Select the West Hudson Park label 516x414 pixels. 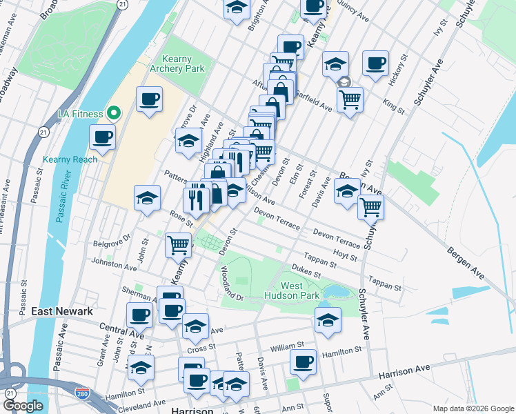click(x=300, y=290)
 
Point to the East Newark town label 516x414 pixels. click(x=62, y=312)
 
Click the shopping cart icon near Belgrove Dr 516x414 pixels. click(x=179, y=243)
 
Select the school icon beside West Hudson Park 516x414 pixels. click(x=328, y=319)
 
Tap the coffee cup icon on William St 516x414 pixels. click(x=302, y=361)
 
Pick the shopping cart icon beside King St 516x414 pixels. click(x=350, y=99)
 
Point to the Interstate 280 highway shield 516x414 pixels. click(x=81, y=393)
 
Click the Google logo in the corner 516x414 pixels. click(x=23, y=406)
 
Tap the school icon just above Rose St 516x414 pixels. click(x=147, y=197)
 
